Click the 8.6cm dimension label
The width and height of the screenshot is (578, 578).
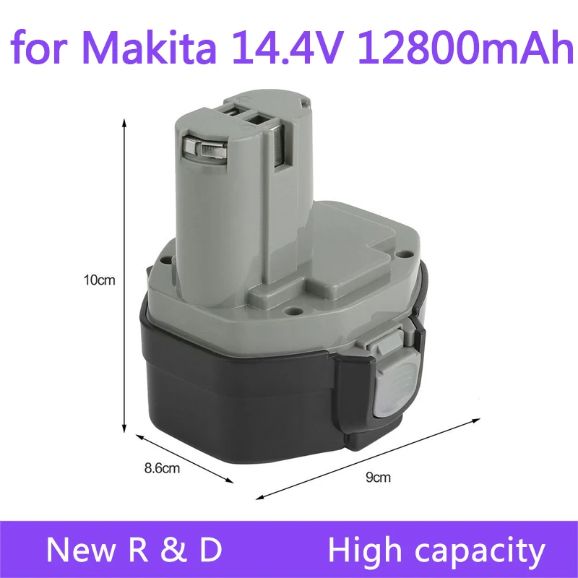pyautogui.click(x=160, y=468)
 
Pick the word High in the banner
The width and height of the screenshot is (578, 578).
pyautogui.click(x=366, y=550)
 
